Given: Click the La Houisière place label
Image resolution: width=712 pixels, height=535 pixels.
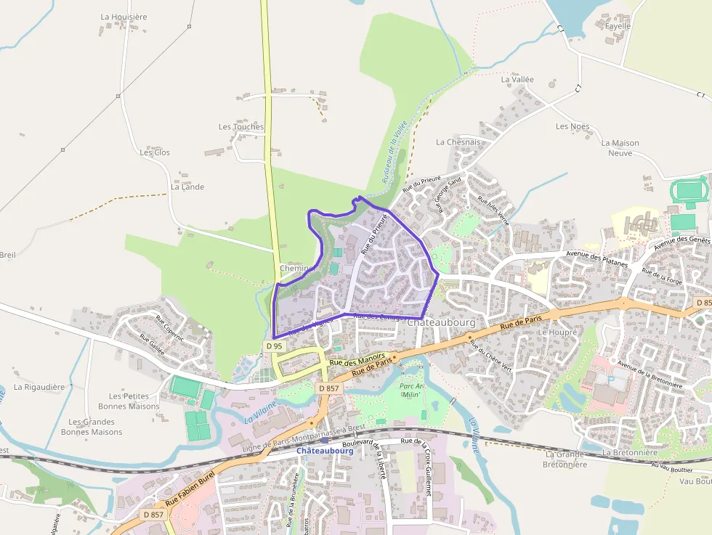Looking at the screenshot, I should [x=124, y=17].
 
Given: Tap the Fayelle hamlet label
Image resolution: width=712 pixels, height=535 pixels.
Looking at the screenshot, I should [x=618, y=26].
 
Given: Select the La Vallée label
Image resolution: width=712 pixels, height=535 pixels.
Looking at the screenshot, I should [x=517, y=80].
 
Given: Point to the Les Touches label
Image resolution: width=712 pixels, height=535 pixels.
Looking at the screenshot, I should [x=241, y=127].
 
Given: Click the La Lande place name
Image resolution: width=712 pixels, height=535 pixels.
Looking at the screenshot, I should [x=187, y=187].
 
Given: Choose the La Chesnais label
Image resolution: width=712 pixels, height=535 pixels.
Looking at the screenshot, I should [x=458, y=143].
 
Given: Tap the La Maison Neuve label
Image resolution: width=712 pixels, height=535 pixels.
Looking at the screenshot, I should [x=620, y=148].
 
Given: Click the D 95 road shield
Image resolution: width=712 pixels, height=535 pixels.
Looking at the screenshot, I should [x=274, y=346].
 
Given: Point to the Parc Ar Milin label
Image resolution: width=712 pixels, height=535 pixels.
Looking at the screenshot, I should [x=412, y=390].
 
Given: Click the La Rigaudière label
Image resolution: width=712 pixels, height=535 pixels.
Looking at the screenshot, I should [x=39, y=388].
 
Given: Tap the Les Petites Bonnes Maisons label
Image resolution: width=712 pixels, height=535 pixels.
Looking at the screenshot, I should [x=134, y=401].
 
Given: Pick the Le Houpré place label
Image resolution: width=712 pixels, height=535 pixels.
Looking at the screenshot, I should [x=557, y=332].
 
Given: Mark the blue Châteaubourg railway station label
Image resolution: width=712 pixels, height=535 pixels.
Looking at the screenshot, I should [x=324, y=451].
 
